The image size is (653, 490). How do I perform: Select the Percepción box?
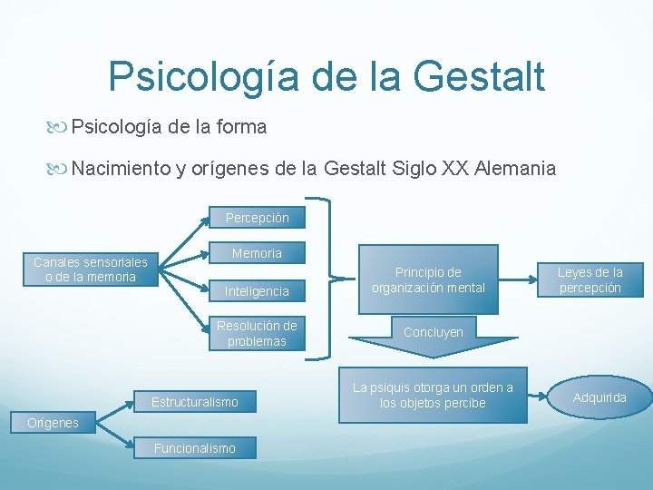coord(257,218)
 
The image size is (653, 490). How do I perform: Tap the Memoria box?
coord(257,254)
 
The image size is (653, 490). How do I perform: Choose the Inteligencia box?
coord(257,291)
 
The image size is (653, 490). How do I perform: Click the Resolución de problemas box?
coord(257,333)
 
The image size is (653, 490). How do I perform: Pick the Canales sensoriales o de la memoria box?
coord(91,269)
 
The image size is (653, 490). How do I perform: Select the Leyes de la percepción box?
coord(590,279)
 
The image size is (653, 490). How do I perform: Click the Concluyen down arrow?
coord(434,336)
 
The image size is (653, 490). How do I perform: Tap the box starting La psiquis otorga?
coord(434,396)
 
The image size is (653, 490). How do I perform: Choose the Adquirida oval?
coord(599,397)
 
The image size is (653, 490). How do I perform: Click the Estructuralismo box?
coord(194,402)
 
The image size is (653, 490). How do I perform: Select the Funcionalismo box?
coord(194,448)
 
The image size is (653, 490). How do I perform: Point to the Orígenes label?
coord(53,423)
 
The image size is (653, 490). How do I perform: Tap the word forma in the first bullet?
coord(243,127)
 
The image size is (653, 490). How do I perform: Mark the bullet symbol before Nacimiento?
coord(61,169)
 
